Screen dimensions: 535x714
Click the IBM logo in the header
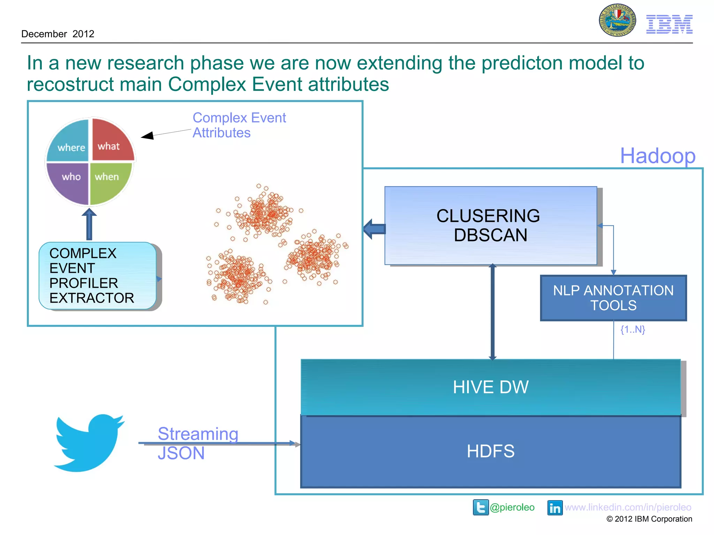pyautogui.click(x=669, y=24)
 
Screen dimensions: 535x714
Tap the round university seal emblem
pyautogui.click(x=617, y=20)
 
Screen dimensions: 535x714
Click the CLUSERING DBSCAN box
pyautogui.click(x=491, y=225)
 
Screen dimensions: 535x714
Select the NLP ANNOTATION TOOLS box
pyautogui.click(x=613, y=298)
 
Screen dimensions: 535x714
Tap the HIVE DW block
pyautogui.click(x=491, y=387)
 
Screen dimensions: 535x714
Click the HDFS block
pyautogui.click(x=491, y=451)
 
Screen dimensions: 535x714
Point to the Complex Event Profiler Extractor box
pyautogui.click(x=98, y=276)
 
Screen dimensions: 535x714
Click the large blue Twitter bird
pyautogui.click(x=89, y=442)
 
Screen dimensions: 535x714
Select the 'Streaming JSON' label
pyautogui.click(x=198, y=443)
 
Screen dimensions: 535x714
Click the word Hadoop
pyautogui.click(x=658, y=156)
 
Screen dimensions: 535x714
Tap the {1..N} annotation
pyautogui.click(x=632, y=329)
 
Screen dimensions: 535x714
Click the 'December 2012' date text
pyautogui.click(x=58, y=34)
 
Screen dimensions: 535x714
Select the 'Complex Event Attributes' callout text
pyautogui.click(x=239, y=125)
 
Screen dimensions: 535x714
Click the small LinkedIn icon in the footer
pyautogui.click(x=555, y=507)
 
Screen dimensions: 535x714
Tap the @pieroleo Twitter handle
pyautogui.click(x=512, y=507)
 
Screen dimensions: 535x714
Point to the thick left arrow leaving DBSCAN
pyautogui.click(x=374, y=229)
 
